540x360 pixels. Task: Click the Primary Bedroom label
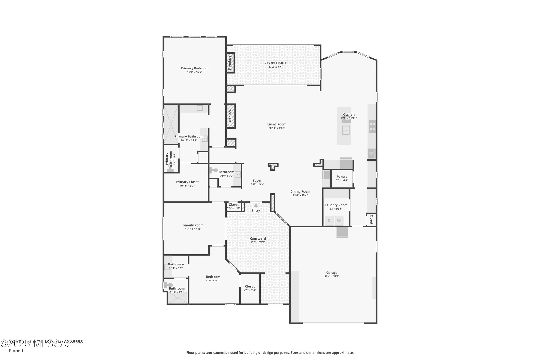pos(194,68)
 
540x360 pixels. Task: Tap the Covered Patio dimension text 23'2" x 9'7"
pos(275,67)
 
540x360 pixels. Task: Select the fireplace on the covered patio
pos(230,63)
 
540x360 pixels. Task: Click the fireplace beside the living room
pos(231,116)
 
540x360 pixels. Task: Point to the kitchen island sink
pos(346,130)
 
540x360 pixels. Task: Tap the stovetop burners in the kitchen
pos(372,127)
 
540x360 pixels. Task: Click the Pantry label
pos(342,177)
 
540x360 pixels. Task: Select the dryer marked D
pos(329,221)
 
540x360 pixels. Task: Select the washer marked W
pos(339,221)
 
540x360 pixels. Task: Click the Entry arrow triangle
pos(256,206)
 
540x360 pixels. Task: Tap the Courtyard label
pos(258,238)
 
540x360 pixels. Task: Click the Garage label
pos(332,273)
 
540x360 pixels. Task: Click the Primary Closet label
pos(187,182)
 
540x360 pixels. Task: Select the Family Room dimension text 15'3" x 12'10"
pos(193,229)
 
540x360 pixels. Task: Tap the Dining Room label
pos(300,192)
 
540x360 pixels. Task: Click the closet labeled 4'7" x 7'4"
pos(250,288)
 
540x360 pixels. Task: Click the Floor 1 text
pos(16,351)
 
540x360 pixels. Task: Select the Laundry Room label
pos(336,205)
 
